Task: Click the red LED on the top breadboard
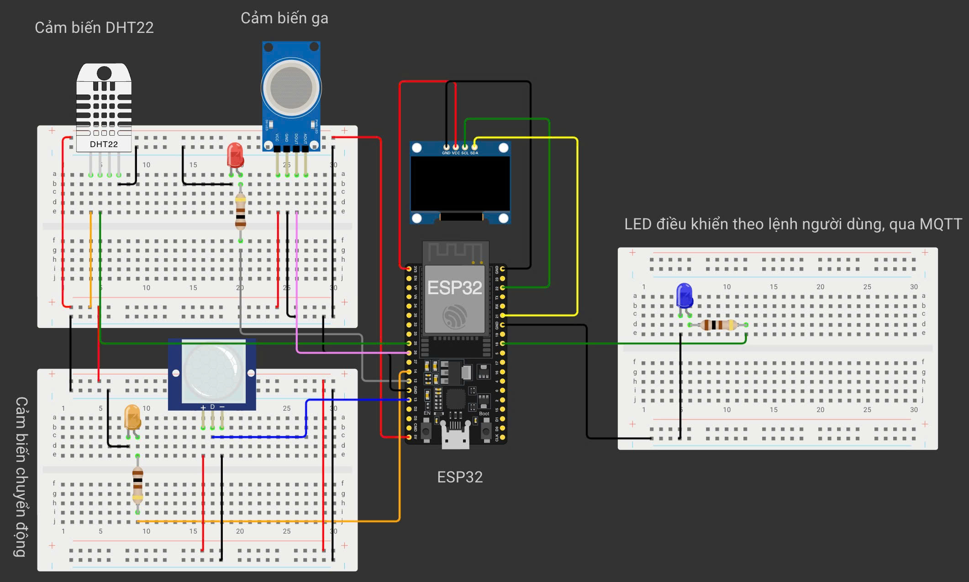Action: click(235, 155)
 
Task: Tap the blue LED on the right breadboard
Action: click(684, 296)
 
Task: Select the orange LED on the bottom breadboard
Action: click(132, 417)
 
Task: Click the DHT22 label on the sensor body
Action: click(104, 144)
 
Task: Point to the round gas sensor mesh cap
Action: click(291, 87)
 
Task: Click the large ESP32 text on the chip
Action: click(454, 288)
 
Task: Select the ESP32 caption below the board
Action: click(459, 477)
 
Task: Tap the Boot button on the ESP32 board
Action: click(484, 430)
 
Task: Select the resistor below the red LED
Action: click(240, 211)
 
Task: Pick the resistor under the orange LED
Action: click(137, 485)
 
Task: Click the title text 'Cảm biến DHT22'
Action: click(94, 28)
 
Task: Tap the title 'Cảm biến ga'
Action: click(284, 18)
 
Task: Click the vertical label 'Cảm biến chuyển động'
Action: click(21, 476)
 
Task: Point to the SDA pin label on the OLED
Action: click(474, 153)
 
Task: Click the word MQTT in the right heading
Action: click(940, 224)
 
